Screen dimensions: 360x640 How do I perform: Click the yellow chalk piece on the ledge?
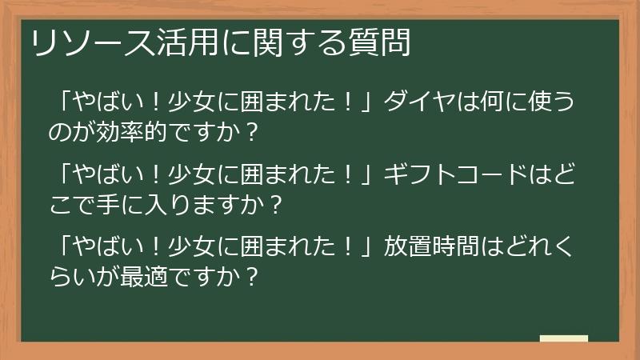(563, 339)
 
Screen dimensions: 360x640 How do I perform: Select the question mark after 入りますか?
(275, 205)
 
